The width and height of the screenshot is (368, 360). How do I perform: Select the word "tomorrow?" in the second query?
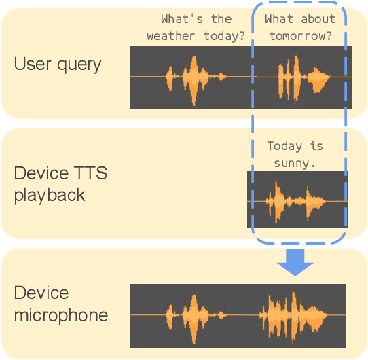(300, 35)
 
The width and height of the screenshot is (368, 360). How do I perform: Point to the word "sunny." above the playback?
(295, 162)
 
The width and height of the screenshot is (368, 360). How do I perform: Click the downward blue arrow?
(296, 262)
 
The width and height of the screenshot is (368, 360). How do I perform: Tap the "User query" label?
(58, 65)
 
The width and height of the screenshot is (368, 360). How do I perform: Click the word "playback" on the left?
(50, 195)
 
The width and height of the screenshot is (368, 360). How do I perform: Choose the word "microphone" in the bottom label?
(61, 315)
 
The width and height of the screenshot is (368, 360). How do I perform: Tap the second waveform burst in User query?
(299, 77)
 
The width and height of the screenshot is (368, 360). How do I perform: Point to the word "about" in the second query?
(318, 19)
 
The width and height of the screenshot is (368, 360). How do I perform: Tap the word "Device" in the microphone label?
(41, 293)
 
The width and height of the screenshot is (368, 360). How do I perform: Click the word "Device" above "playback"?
(41, 174)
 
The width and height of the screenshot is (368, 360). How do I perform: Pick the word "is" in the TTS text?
(316, 146)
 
